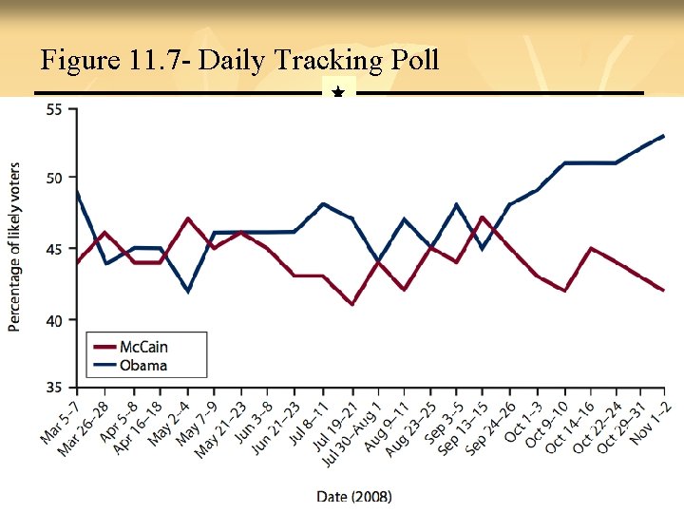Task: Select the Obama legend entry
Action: coord(143,365)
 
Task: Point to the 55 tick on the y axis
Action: coord(53,109)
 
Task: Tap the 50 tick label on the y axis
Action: coord(53,179)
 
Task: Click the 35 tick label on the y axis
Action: coord(53,388)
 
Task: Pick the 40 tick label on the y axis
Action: coord(53,320)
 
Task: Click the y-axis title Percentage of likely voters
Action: coord(15,248)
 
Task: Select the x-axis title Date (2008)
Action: coord(353,495)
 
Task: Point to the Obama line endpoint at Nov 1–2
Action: coord(663,136)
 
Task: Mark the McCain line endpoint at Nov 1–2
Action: coord(663,291)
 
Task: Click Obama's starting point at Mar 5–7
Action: coord(78,191)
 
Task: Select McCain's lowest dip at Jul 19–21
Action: coord(352,304)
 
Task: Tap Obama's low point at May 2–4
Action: coord(188,291)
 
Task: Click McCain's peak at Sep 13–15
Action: coord(482,218)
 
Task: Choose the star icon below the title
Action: coord(338,93)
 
